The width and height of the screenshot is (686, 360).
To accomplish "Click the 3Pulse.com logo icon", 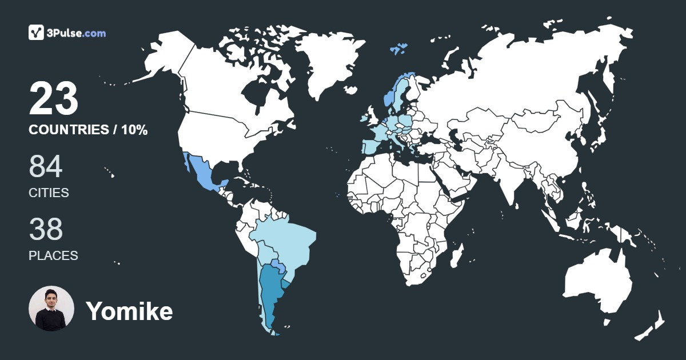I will coord(37,33).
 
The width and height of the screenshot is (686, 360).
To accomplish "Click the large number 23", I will coord(53,98).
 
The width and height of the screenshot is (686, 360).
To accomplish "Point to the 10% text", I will coord(134,130).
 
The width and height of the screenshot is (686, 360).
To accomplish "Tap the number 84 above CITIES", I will coord(45,167).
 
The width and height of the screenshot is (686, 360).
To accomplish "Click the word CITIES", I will coord(49,193).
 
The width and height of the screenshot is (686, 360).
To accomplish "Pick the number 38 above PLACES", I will coord(45,229).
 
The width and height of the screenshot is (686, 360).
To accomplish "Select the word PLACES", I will coord(53,256).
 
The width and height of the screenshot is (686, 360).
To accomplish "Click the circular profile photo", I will coord(51,309).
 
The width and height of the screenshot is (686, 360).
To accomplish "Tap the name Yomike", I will coord(129,311).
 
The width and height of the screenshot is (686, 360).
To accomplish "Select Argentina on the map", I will coord(269,291).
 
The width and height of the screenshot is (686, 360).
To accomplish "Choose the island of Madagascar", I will coord(456,257).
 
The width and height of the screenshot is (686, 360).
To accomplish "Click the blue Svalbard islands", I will coord(399,49).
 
